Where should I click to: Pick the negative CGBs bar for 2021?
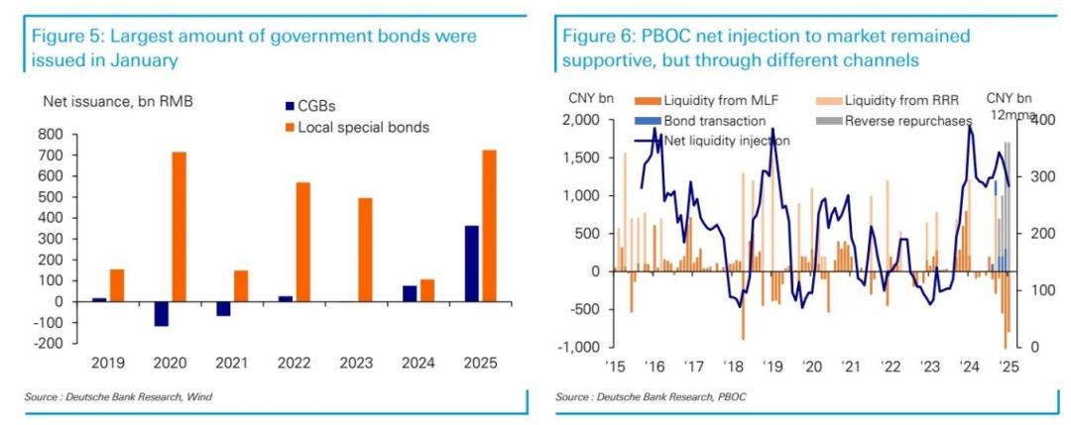pos(223,308)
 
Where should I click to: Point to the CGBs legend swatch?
pos(289,105)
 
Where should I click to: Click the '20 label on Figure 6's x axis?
pos(813,366)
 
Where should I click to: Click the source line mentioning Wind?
pos(120,397)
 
